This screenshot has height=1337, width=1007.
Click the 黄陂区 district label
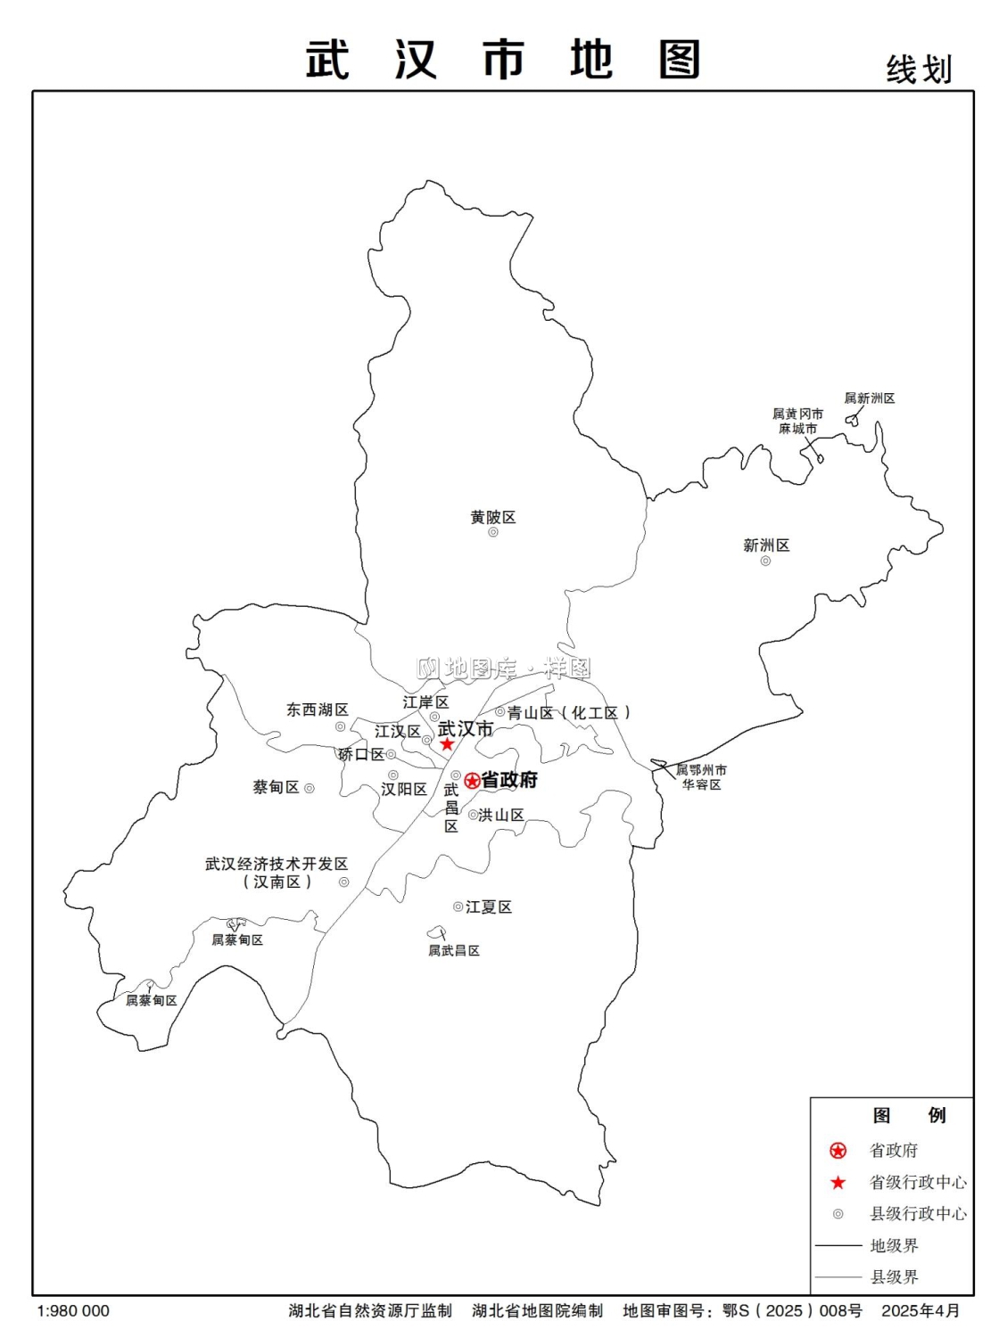tap(493, 517)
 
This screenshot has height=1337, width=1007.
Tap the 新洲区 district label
tap(766, 545)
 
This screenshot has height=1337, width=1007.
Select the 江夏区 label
tap(489, 906)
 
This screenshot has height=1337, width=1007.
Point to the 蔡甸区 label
tap(276, 787)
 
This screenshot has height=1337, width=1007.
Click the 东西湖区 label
tap(317, 710)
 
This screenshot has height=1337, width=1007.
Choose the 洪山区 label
tap(501, 815)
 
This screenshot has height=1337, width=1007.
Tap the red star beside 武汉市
tap(447, 744)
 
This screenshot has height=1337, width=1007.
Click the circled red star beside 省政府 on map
tap(473, 781)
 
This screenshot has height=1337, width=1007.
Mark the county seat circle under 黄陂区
tap(493, 532)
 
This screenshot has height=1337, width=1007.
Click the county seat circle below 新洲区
tap(765, 561)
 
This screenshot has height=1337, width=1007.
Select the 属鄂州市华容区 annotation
tap(701, 776)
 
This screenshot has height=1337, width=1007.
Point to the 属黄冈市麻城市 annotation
tap(797, 421)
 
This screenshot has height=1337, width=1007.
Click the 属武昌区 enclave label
tap(454, 950)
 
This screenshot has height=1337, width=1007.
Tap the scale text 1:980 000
tap(73, 1311)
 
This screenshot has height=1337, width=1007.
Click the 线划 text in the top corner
tap(919, 70)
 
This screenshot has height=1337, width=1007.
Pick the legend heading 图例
tap(909, 1115)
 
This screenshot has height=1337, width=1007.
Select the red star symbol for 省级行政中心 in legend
tap(838, 1183)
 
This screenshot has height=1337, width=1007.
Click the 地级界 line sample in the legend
tap(838, 1245)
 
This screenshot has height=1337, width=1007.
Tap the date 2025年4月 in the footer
tap(920, 1311)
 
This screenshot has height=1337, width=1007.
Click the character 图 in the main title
tap(680, 60)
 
